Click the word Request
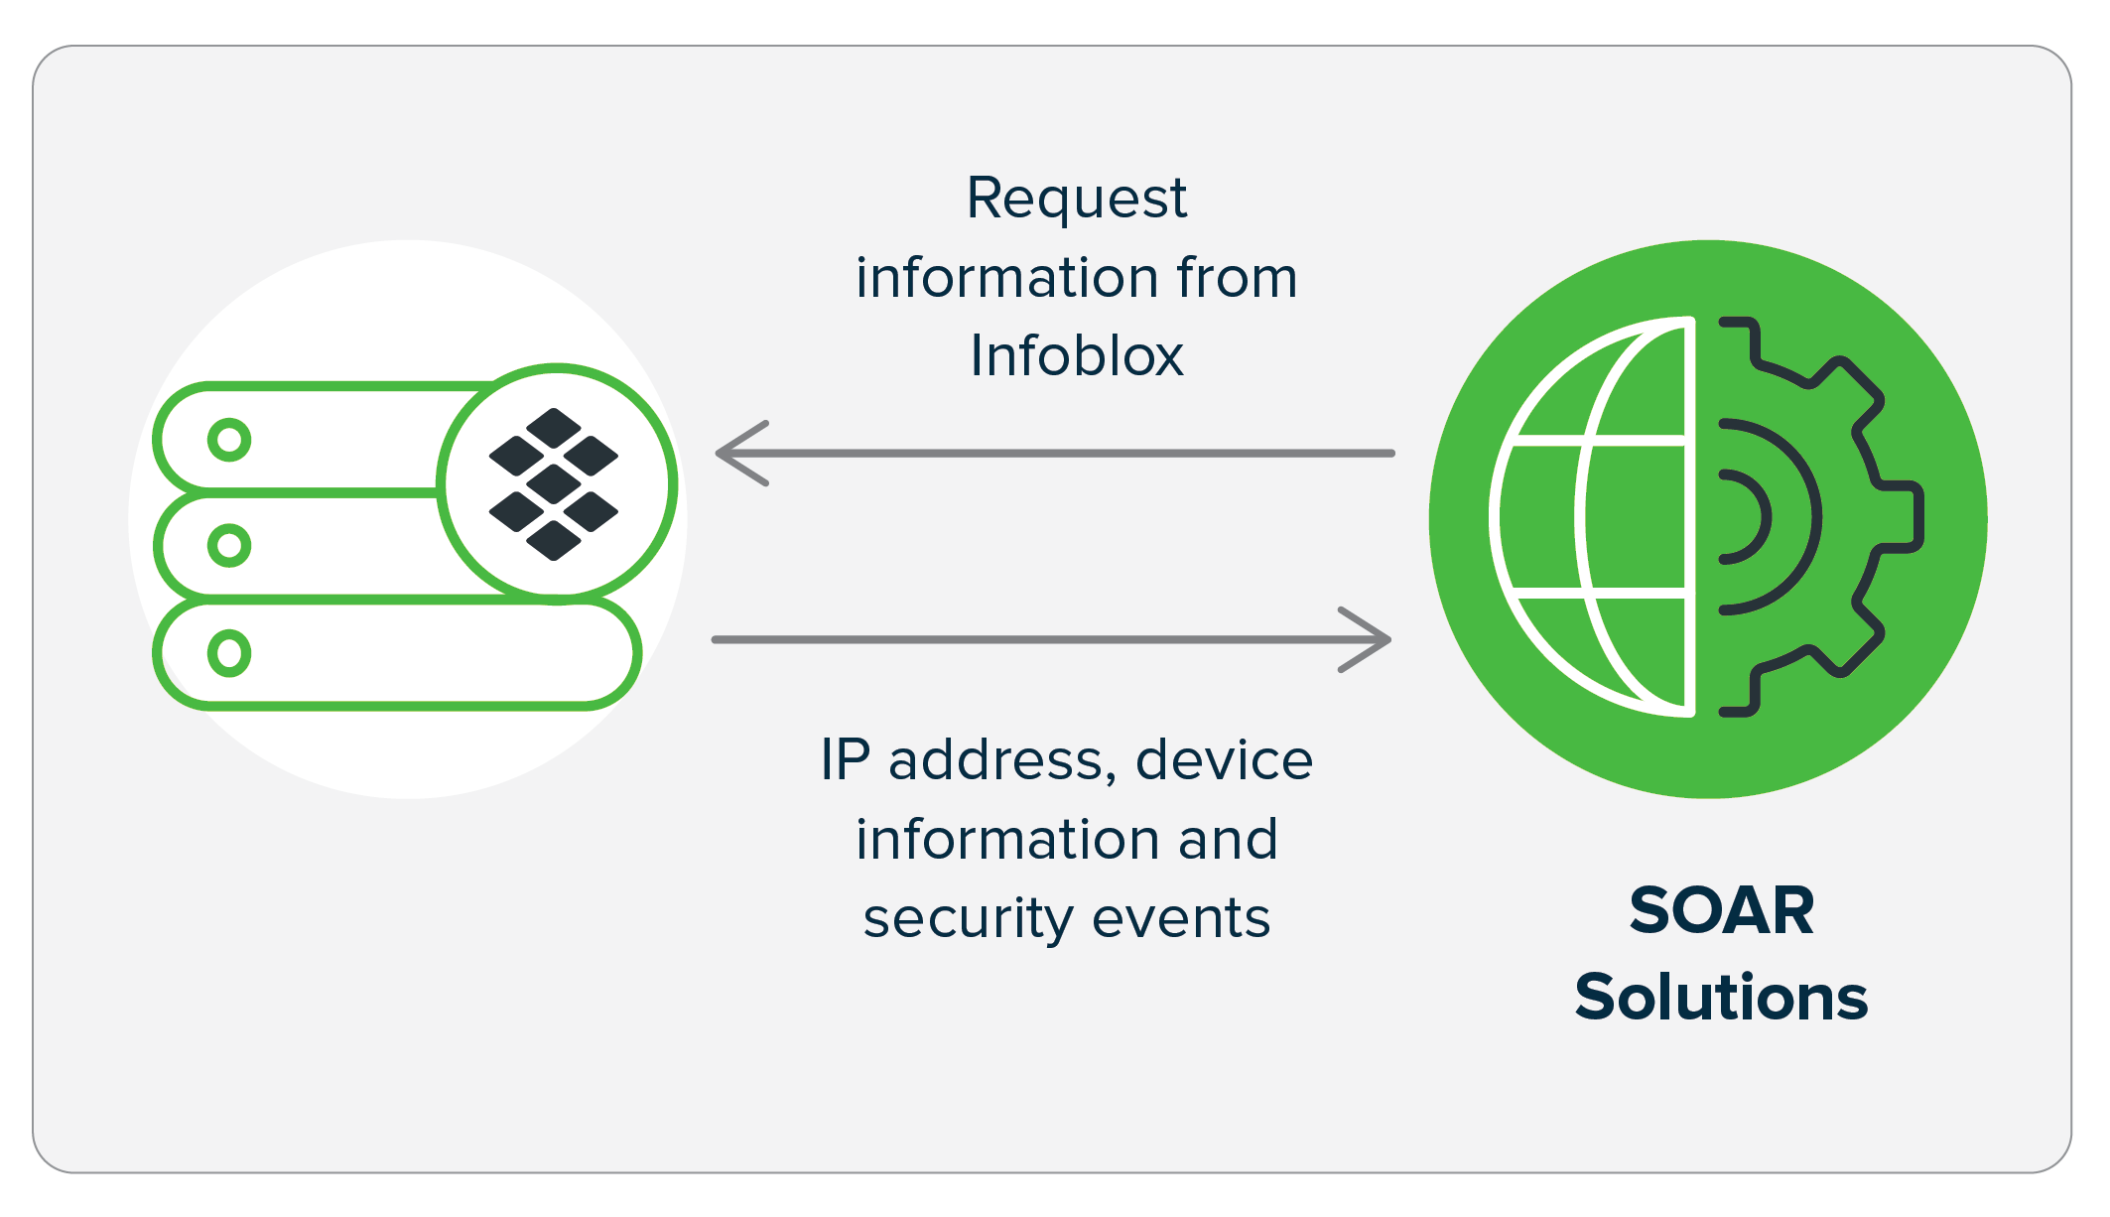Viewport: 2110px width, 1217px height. (x=1076, y=199)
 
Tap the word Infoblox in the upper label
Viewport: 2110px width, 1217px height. (x=1076, y=355)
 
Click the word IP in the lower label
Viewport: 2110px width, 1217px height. (x=845, y=760)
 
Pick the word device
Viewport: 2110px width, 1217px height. (x=1224, y=760)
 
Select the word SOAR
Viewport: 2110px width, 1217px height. (x=1721, y=910)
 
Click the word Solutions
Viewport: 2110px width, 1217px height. (x=1721, y=997)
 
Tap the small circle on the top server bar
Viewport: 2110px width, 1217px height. (x=229, y=440)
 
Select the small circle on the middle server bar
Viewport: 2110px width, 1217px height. (x=229, y=546)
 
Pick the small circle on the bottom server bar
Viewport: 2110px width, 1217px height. (x=229, y=653)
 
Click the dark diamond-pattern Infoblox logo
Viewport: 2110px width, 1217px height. (x=554, y=484)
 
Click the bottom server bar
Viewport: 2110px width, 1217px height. (x=417, y=654)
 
